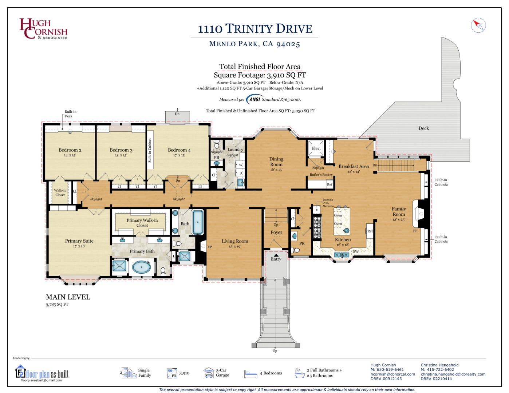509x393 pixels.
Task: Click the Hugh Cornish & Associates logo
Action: click(x=43, y=29)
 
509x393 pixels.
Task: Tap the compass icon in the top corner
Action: click(x=478, y=25)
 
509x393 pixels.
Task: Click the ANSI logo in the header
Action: click(x=255, y=99)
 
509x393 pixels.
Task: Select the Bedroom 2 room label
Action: click(x=70, y=150)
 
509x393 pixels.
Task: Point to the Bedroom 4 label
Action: click(x=179, y=150)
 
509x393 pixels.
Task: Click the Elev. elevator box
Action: click(x=316, y=148)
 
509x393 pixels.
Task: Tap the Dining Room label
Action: click(x=276, y=162)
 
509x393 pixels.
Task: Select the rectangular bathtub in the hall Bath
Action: click(x=198, y=222)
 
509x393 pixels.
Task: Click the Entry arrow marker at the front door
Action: click(x=276, y=256)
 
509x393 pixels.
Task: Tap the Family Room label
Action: click(x=399, y=211)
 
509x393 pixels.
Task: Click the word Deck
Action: click(x=423, y=128)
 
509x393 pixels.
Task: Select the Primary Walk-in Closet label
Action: click(x=142, y=222)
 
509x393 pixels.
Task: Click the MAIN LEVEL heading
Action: click(x=68, y=297)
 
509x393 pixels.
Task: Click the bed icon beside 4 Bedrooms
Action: click(x=250, y=373)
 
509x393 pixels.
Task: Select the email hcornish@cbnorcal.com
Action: click(x=392, y=374)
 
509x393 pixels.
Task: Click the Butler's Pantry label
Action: click(x=321, y=175)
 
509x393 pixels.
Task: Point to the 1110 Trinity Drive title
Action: click(x=255, y=29)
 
